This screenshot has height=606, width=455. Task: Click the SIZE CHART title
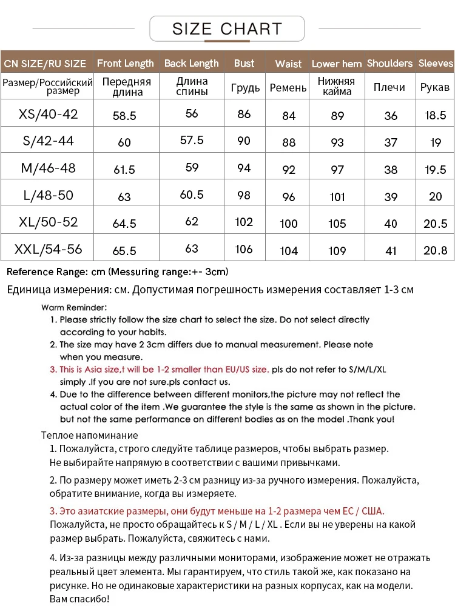pyautogui.click(x=227, y=28)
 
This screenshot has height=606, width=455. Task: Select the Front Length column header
pyautogui.click(x=126, y=63)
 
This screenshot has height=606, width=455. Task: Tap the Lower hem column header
pyautogui.click(x=337, y=64)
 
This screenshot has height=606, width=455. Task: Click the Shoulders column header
pyautogui.click(x=389, y=63)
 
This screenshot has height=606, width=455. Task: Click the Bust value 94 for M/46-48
pyautogui.click(x=244, y=168)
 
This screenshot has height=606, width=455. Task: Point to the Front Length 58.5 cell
pyautogui.click(x=124, y=115)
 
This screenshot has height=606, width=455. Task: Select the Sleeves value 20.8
pyautogui.click(x=435, y=250)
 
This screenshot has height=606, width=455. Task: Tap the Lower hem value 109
pyautogui.click(x=337, y=250)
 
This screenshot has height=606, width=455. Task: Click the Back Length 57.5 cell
pyautogui.click(x=192, y=140)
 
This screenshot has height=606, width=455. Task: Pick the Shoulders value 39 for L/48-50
pyautogui.click(x=391, y=196)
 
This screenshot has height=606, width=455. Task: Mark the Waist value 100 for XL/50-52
pyautogui.click(x=289, y=224)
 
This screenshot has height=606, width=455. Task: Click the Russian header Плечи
pyautogui.click(x=389, y=87)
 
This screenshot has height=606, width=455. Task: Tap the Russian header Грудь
pyautogui.click(x=245, y=87)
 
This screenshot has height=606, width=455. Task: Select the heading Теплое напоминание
pyautogui.click(x=89, y=435)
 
